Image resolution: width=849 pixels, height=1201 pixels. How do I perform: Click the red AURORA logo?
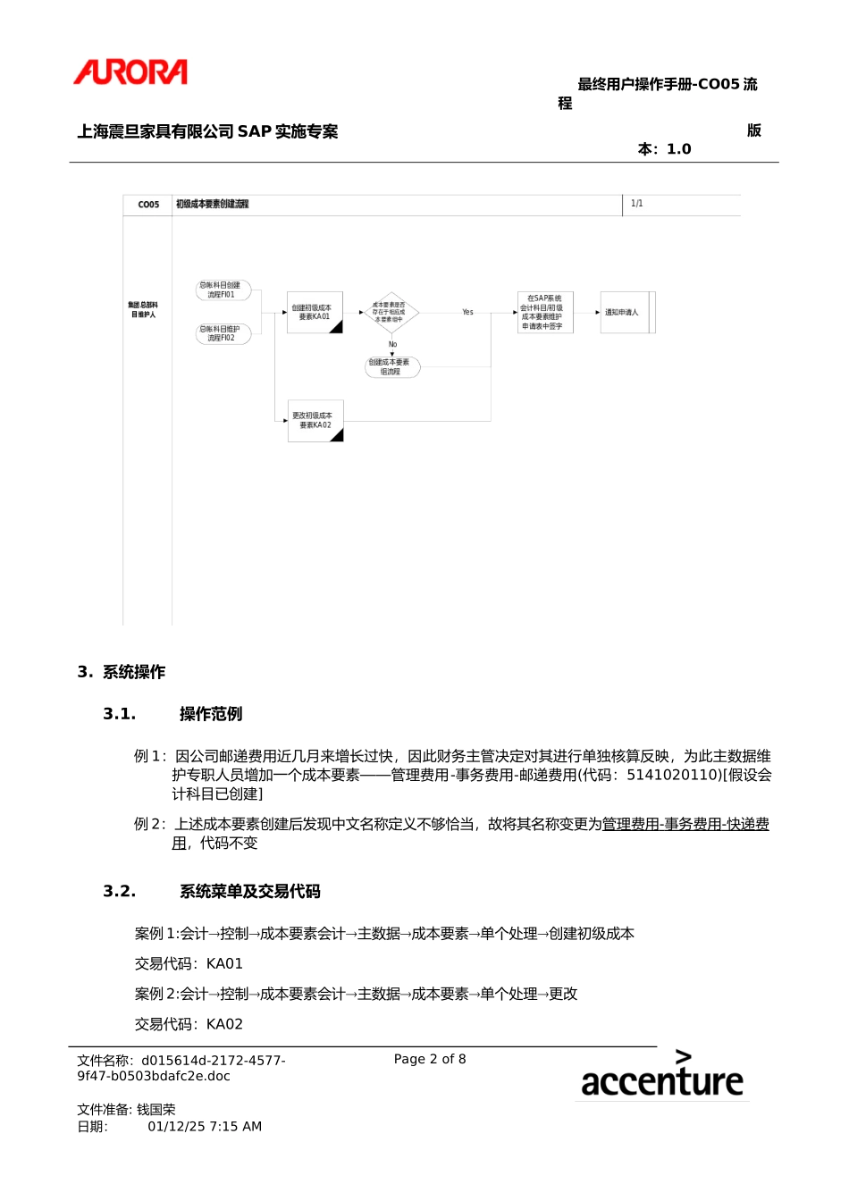tap(130, 72)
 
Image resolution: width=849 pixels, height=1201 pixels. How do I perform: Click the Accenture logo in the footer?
tap(661, 1076)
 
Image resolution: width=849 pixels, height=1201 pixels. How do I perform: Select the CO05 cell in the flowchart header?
tap(148, 205)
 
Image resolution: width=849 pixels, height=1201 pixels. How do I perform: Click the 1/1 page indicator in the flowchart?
tap(636, 204)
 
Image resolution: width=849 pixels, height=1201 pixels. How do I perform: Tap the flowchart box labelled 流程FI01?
tap(223, 290)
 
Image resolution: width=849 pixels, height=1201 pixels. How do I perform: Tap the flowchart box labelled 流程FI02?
tap(223, 333)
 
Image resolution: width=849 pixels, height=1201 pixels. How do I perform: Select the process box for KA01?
tap(315, 312)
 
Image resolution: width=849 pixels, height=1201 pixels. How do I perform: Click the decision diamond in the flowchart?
tap(391, 312)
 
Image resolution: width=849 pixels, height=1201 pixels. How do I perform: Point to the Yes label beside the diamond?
tap(467, 312)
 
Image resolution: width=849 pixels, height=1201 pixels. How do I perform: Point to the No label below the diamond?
tap(392, 344)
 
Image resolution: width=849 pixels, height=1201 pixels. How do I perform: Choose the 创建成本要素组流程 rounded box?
tap(391, 366)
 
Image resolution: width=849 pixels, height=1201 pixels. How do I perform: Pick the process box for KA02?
tap(315, 420)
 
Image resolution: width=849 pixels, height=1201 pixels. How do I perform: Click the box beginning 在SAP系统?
tap(544, 312)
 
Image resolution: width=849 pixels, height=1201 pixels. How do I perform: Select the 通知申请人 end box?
tap(626, 312)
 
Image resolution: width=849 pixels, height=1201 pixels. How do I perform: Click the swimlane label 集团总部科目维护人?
tap(143, 310)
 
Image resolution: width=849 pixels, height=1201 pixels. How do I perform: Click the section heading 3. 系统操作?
tap(122, 672)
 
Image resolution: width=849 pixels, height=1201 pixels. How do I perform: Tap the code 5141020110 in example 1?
tap(673, 775)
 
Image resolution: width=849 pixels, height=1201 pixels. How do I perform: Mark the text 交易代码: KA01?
tap(189, 963)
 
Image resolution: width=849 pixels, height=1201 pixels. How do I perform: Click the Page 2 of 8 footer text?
tap(430, 1059)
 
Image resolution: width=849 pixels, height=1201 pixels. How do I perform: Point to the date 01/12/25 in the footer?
tap(176, 1126)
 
